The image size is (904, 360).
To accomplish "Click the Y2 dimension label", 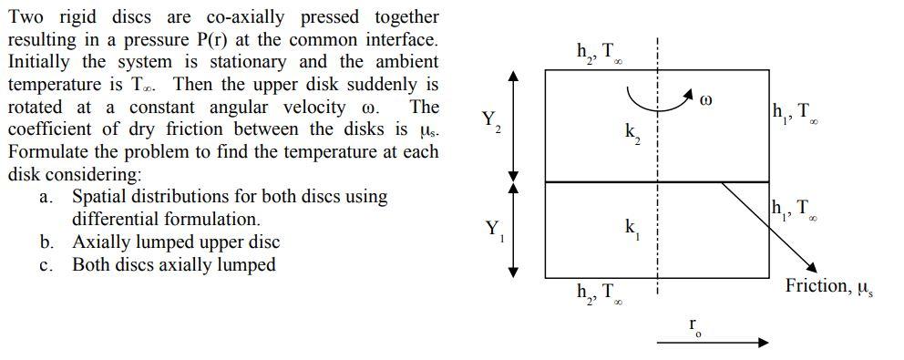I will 490,121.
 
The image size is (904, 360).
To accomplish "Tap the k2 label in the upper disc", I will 632,135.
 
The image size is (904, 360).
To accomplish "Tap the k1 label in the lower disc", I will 632,228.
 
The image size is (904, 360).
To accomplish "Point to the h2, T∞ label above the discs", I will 598,54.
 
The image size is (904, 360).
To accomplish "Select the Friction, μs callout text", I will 828,287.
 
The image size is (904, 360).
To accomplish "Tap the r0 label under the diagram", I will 695,325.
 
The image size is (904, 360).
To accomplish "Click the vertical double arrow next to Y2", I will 514,126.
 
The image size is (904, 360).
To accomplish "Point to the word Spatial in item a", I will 101,196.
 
